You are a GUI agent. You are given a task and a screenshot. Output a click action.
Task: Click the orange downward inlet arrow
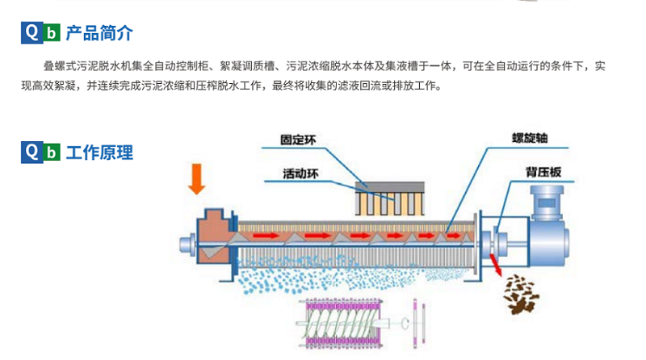point(195,178)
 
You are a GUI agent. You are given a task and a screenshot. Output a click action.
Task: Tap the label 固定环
point(298,139)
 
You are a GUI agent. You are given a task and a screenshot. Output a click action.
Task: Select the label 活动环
point(300,172)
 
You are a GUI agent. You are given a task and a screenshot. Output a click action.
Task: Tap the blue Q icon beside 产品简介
point(31,33)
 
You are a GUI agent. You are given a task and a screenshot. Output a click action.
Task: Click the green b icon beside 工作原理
point(51,153)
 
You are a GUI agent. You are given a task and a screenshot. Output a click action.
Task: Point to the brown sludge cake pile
point(518,295)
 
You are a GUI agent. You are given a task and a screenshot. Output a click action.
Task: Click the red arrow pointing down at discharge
point(493,265)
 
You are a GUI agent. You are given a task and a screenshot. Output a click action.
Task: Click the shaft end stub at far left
point(182,242)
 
